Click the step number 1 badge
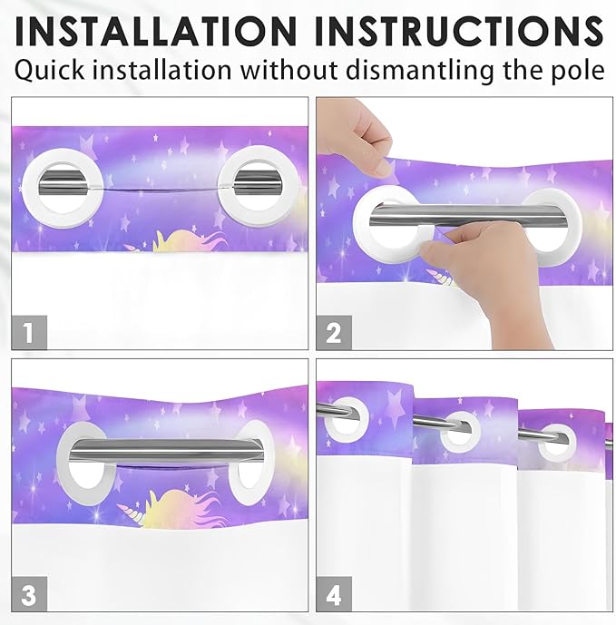tap(29, 332)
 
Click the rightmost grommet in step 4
tap(555, 442)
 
